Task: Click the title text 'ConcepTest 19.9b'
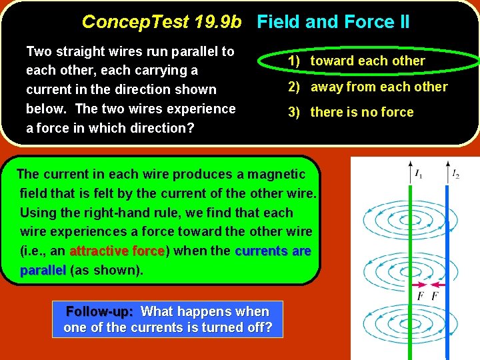point(161,22)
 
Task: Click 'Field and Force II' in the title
point(333,22)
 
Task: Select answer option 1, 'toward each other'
point(367,61)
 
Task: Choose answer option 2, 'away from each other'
point(379,87)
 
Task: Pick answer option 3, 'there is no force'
point(362,112)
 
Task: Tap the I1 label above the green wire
point(418,175)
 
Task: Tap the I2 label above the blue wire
point(455,175)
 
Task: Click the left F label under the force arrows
point(420,296)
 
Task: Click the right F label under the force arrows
point(435,296)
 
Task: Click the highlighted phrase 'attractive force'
point(117,251)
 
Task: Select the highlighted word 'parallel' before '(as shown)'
point(43,271)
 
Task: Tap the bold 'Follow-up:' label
point(100,311)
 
